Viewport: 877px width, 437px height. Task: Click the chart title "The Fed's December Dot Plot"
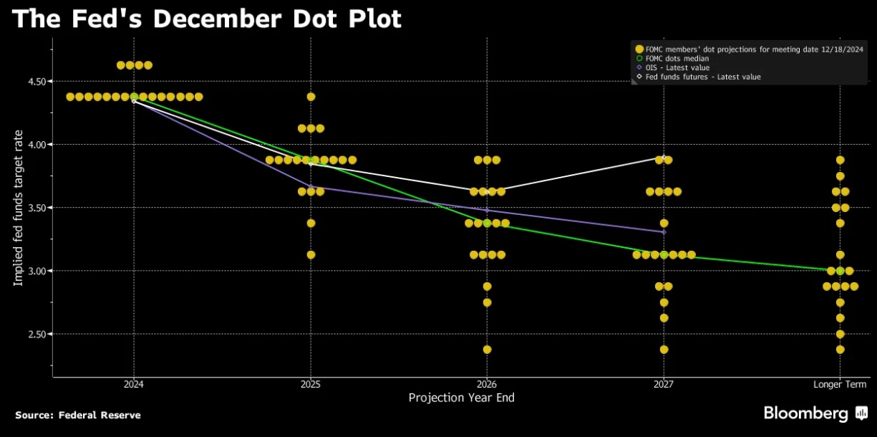click(207, 19)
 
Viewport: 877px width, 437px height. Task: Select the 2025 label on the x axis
click(310, 385)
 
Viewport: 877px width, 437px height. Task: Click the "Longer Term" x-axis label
click(839, 385)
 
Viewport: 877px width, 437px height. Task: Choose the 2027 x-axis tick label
click(664, 385)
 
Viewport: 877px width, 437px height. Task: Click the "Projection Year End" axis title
click(461, 398)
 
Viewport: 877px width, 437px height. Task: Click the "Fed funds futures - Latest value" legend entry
click(702, 77)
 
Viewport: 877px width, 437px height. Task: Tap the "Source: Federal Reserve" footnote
click(77, 416)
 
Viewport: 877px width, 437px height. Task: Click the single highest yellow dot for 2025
click(311, 97)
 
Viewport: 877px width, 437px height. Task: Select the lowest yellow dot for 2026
click(487, 350)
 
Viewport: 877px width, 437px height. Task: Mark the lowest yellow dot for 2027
click(664, 350)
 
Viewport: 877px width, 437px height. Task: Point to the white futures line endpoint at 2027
click(664, 157)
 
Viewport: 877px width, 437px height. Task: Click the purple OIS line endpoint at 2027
click(664, 231)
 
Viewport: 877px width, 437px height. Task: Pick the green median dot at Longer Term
click(840, 271)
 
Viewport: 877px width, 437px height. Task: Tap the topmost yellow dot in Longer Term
click(840, 160)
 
